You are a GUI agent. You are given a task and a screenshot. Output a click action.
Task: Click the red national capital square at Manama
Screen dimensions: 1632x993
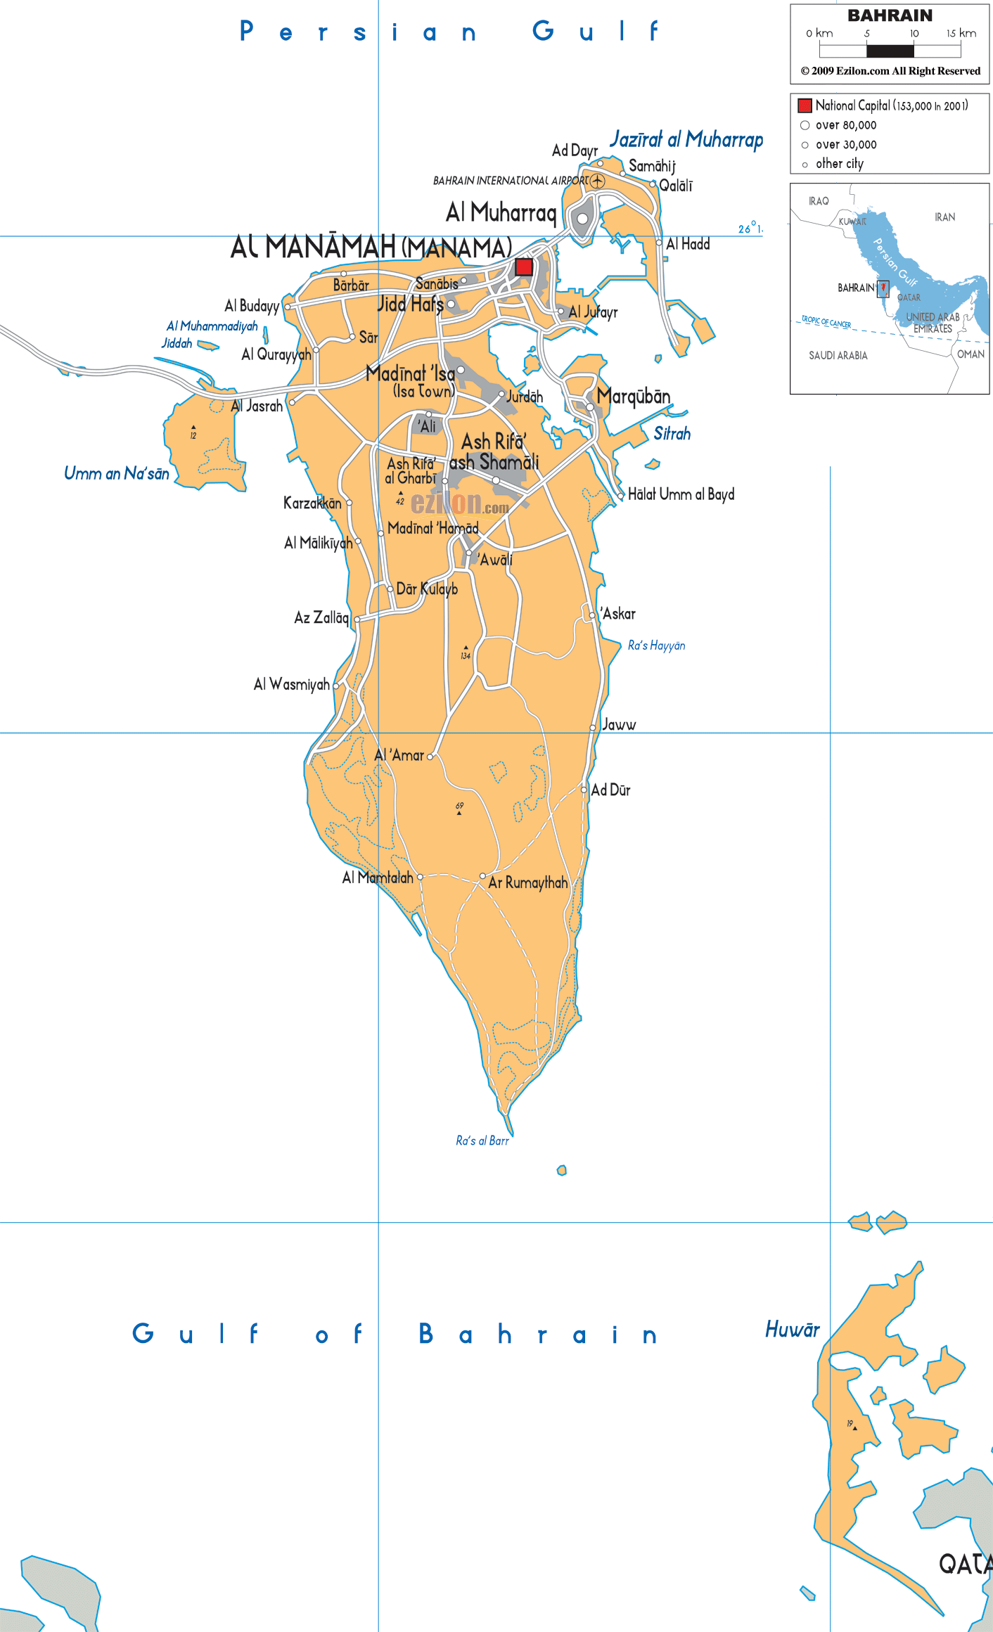coord(524,267)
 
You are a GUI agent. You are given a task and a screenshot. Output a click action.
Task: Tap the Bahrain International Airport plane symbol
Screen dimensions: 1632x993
coord(597,181)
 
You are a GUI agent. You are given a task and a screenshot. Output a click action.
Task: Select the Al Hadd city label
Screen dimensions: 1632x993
coord(688,244)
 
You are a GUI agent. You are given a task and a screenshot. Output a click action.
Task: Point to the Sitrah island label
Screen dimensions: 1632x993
coord(672,433)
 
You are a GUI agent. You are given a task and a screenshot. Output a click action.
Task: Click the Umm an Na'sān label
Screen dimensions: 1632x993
coord(117,473)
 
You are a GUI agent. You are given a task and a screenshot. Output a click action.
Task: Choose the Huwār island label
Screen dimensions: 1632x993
coord(792,1329)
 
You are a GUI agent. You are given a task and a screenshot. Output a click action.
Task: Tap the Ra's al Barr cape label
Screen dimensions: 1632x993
coord(482,1141)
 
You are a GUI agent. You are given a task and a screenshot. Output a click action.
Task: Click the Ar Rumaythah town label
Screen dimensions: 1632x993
coord(527,882)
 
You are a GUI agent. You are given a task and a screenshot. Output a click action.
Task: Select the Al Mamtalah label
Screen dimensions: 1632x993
coord(378,878)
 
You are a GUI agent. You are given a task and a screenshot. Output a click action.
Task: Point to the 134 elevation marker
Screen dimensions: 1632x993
coord(466,653)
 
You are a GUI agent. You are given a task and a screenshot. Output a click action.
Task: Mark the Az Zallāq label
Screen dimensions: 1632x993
coord(321,617)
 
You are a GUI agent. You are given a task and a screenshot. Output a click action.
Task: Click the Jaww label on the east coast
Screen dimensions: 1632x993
coord(619,725)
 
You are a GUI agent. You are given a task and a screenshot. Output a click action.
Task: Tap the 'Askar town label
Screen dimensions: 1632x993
coord(617,614)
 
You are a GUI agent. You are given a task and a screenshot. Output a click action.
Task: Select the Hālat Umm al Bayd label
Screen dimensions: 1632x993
coord(681,494)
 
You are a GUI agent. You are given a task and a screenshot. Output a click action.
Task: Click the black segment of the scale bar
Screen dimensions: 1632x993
coord(890,51)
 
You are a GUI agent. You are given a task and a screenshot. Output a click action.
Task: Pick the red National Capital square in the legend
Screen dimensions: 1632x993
coord(805,106)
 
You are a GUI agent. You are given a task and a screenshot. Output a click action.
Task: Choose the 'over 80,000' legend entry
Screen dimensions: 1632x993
coord(845,125)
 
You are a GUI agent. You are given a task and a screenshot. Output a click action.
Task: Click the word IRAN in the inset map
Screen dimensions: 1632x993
coord(944,217)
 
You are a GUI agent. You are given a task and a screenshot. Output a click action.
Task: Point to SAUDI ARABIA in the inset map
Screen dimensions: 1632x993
coord(838,356)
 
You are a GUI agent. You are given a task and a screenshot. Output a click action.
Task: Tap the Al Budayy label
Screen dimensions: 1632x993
coord(252,306)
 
